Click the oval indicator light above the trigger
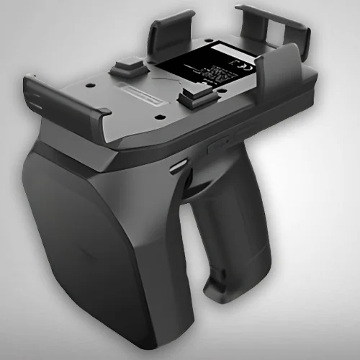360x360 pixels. pos(176,166)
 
